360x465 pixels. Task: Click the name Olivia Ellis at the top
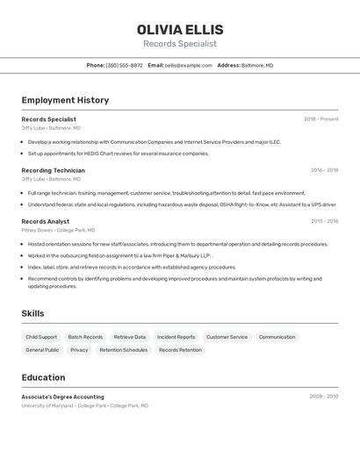pos(180,30)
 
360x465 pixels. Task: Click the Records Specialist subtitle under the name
pos(180,44)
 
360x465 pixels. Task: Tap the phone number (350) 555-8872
pos(124,65)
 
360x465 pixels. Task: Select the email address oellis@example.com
pos(189,65)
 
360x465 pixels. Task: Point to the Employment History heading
pos(65,100)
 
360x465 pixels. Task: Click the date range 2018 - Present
pos(320,119)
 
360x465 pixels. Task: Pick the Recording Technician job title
pos(53,170)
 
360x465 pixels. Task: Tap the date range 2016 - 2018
pos(324,170)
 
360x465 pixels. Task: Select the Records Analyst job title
pos(45,221)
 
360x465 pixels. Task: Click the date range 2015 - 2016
pos(324,221)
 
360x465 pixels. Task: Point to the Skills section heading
pos(32,313)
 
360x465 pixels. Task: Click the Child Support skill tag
pos(41,337)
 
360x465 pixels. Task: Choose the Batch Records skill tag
pos(85,337)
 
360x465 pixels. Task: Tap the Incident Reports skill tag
pos(176,337)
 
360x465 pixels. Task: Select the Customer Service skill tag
pos(227,337)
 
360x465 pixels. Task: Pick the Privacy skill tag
pos(79,350)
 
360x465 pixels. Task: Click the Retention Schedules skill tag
pos(123,350)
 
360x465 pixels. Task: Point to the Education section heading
pos(43,377)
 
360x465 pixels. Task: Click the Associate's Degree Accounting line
pos(62,397)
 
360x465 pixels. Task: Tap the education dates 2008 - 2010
pos(323,397)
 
